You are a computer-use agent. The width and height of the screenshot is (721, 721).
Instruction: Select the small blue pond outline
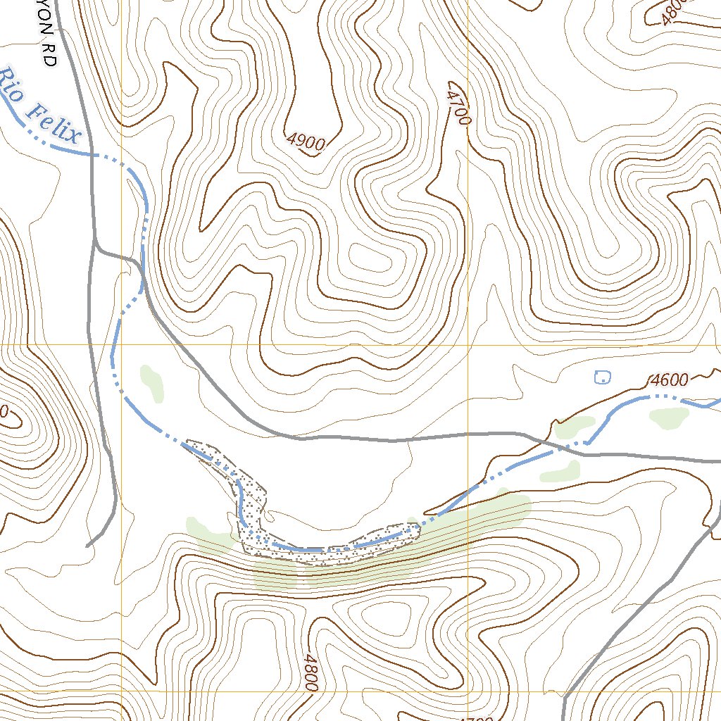click(x=602, y=377)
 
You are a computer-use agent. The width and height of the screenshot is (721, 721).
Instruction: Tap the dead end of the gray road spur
click(x=87, y=546)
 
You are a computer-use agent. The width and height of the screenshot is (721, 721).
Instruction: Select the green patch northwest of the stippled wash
click(x=152, y=383)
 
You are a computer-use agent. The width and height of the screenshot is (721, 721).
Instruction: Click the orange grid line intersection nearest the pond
click(x=468, y=345)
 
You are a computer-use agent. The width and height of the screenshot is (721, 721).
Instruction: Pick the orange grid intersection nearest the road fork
click(x=122, y=345)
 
